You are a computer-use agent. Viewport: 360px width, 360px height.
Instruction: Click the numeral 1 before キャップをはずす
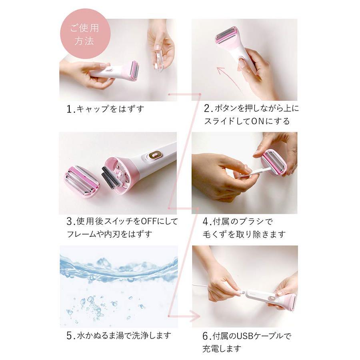[x=69, y=109]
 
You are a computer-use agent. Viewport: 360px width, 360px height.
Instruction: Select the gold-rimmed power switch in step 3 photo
[x=154, y=154]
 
